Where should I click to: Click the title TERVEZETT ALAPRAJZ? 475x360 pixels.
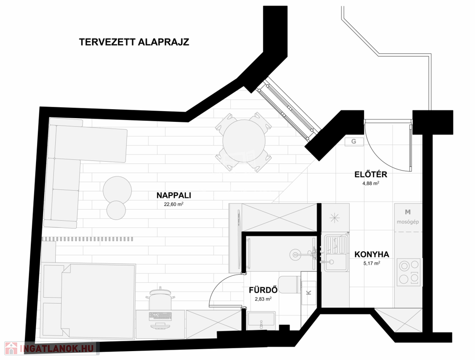point(134,42)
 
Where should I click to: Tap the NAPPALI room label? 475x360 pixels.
point(174,195)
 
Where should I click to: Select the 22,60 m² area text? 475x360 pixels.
point(174,204)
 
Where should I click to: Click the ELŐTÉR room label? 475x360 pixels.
point(371,174)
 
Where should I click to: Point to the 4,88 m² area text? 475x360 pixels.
point(371,183)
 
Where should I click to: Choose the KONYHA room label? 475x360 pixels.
point(371,254)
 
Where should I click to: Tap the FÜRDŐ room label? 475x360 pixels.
point(263,290)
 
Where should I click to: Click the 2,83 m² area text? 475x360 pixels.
point(263,299)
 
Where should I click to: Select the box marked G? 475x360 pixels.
point(354,141)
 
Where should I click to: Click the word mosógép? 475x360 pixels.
point(408,222)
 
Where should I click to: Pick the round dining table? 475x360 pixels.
point(244,141)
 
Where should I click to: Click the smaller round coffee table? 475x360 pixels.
point(116,210)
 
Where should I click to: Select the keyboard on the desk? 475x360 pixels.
point(160,316)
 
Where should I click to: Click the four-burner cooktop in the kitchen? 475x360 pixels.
point(409,272)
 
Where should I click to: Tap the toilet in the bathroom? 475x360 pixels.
point(289,285)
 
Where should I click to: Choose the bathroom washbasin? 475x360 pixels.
point(261,321)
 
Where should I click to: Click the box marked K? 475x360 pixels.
point(309,292)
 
